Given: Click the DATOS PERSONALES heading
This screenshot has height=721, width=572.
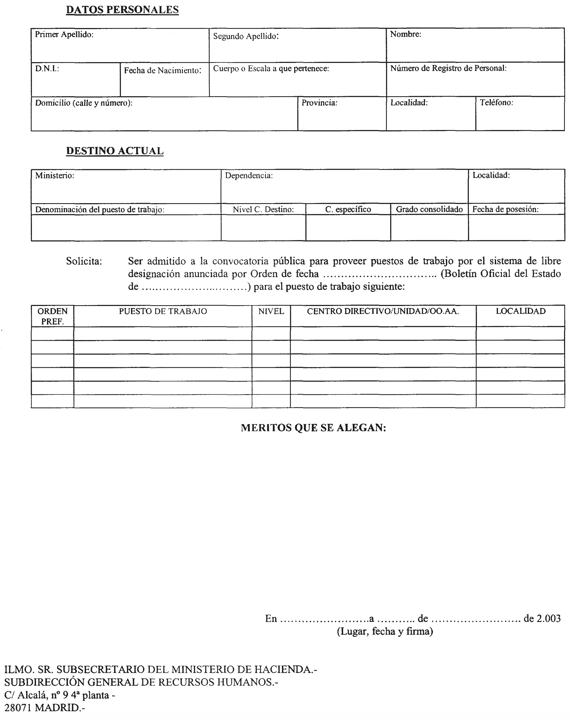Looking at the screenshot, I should coord(122,10).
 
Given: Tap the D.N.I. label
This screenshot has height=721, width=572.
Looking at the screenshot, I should coord(47,69).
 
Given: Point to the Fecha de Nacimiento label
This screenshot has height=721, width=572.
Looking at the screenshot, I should coord(162,71).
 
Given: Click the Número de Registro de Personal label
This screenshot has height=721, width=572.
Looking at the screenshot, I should coord(448,68).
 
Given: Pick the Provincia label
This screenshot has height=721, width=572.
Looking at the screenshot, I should coord(319,103).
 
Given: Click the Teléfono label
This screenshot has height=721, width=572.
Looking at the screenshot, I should coord(496,103).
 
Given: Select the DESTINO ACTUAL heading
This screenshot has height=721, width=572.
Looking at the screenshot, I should coord(115,151).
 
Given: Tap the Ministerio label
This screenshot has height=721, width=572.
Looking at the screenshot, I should coord(55,175).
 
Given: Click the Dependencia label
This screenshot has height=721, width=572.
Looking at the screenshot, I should coord(249,176).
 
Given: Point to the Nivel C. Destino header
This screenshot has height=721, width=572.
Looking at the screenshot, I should coord(263,209).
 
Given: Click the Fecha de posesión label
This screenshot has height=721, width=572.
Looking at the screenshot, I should coord(505,209).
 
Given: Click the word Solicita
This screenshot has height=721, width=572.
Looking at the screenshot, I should coord(84,261).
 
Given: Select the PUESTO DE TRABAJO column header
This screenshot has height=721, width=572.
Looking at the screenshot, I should coord(163,311).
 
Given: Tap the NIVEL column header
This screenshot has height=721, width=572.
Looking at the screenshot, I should coord(271,311).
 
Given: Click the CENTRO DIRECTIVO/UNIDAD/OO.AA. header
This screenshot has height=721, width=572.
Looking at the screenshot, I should coord(383,311).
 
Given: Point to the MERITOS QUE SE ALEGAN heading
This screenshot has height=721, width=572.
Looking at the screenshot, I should coord(313,428).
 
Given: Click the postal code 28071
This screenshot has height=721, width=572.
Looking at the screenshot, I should coord(18,708).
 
